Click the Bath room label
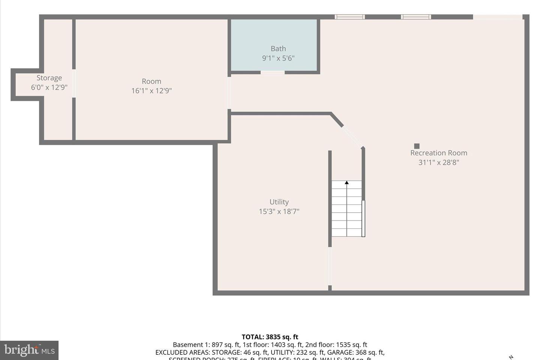(278, 49)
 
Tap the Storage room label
(49, 78)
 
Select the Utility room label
(279, 202)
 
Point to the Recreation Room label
(439, 153)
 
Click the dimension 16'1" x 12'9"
(151, 91)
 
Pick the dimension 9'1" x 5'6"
(278, 58)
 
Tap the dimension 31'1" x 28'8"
(439, 162)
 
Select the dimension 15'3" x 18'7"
(279, 211)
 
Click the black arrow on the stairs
(347, 183)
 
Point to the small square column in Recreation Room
(417, 146)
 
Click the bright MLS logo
(29, 350)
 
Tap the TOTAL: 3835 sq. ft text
(270, 337)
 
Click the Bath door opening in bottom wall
(273, 72)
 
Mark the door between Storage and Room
(74, 83)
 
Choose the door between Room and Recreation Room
(229, 93)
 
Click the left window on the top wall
(349, 17)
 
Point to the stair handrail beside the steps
(363, 219)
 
